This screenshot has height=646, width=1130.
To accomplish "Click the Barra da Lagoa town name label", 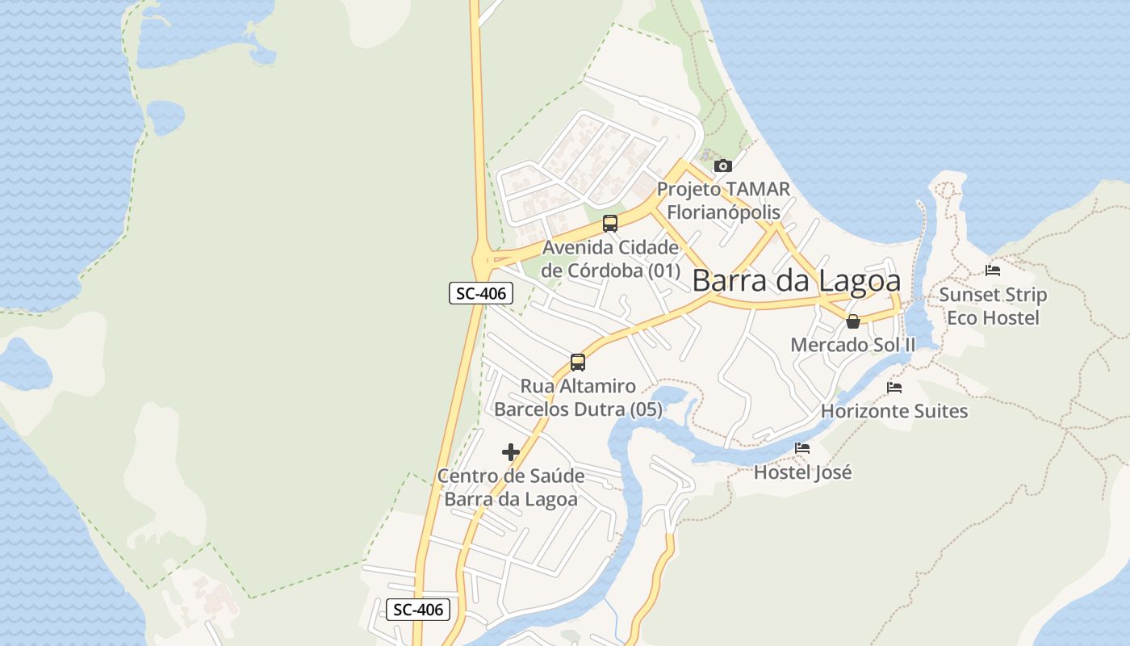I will (796, 281).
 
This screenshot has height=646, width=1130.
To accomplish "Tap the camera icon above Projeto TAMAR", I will (723, 166).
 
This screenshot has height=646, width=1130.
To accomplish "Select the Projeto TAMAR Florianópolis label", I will (723, 200).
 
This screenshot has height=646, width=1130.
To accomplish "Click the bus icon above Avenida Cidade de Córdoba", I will (610, 224).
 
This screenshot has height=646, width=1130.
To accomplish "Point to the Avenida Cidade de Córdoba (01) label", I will (610, 258).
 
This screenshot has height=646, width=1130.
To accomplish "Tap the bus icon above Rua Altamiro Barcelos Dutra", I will (578, 363).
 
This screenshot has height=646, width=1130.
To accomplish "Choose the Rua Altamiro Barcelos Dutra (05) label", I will (578, 398).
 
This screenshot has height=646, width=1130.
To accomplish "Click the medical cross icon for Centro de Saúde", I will (511, 452).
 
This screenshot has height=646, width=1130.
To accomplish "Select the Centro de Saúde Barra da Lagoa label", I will (511, 488).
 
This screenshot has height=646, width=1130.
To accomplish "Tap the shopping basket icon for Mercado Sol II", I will (853, 321).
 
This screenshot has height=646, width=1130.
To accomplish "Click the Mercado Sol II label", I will (853, 345).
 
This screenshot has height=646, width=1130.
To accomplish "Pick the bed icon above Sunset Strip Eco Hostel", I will (993, 271).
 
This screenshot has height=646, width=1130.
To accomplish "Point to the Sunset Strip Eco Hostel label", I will (993, 306).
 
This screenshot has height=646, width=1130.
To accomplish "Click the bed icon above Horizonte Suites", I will (894, 388).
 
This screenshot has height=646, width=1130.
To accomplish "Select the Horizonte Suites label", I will (894, 411).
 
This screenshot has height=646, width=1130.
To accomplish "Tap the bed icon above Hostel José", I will (802, 448).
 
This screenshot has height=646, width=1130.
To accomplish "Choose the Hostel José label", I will (802, 472).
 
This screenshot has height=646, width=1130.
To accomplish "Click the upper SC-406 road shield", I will (481, 293).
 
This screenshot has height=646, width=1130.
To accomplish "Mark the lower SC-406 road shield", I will (418, 609).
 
